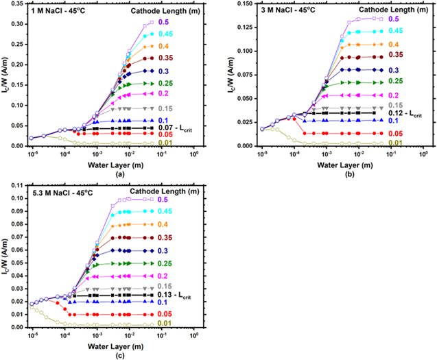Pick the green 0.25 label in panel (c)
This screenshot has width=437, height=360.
coord(169,263)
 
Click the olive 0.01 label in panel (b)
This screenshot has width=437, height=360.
coord(394,143)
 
